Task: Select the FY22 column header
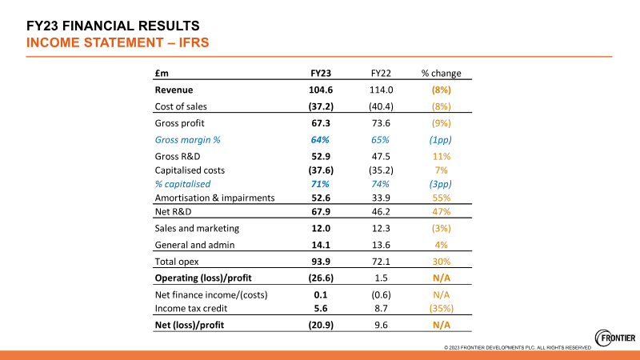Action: [x=381, y=73]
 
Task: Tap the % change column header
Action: [x=441, y=73]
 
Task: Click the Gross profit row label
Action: [x=179, y=123]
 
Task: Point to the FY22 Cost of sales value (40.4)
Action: [x=381, y=106]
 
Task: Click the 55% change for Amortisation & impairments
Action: [x=441, y=197]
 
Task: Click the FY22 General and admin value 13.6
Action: [x=381, y=245]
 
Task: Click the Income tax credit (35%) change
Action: [x=441, y=308]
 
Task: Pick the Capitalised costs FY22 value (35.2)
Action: [x=381, y=170]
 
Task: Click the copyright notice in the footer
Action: [x=518, y=347]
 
